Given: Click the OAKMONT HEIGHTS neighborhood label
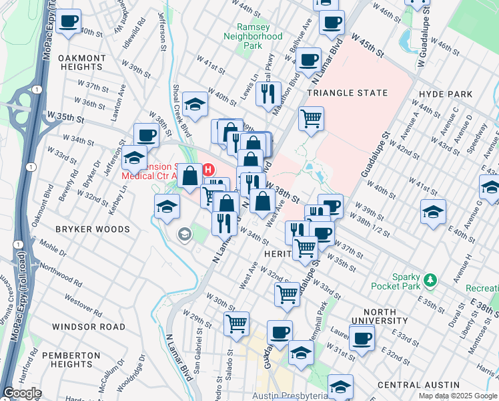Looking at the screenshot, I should [x=82, y=63].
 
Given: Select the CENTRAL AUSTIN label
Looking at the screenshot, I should [x=418, y=386].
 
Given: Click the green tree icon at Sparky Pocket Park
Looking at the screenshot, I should [x=431, y=278].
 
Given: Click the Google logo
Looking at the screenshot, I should [x=21, y=393].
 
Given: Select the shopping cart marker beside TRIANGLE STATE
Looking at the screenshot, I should [x=311, y=120].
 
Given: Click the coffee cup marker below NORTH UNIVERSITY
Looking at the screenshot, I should [x=362, y=338].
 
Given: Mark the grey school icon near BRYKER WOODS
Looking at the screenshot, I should [x=183, y=234].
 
